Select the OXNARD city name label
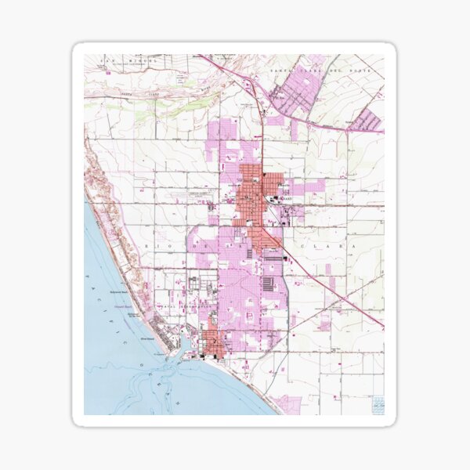tap(283, 199)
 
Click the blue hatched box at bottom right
tap(378, 403)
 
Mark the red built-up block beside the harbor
tap(213, 342)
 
